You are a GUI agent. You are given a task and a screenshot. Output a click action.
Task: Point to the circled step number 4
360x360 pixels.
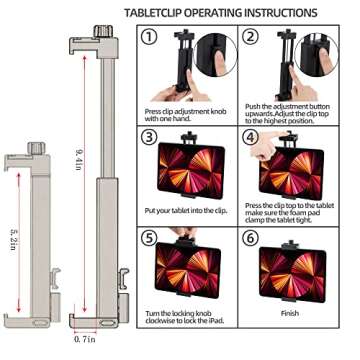250,137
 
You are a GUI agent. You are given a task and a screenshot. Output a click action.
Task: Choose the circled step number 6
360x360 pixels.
250,241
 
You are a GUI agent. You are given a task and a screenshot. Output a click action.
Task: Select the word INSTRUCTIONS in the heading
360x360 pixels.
281,12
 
